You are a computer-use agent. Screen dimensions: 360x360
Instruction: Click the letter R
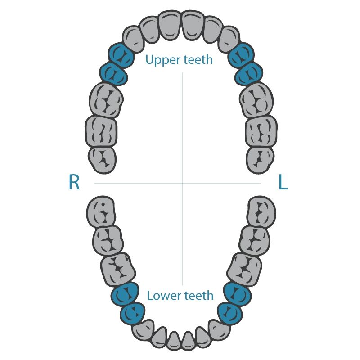coord(74,182)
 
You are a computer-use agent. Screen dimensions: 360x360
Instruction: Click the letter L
coord(283,182)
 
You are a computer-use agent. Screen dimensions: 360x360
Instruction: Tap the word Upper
coord(162,60)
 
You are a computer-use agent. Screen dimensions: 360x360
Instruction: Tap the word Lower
coord(164,296)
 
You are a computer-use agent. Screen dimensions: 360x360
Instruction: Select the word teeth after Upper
coord(198,60)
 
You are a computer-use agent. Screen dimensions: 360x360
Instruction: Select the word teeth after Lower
coord(199,296)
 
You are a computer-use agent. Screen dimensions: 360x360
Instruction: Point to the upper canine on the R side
coord(134,40)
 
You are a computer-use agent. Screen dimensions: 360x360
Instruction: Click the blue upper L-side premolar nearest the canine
coord(241,55)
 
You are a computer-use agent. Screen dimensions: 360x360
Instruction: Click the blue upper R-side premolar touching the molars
coord(114,74)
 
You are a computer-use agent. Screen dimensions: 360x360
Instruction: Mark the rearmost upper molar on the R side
coord(102,160)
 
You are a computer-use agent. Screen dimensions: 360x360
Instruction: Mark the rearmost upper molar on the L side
coord(260,160)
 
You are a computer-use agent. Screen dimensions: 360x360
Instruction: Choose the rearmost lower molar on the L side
coord(261,212)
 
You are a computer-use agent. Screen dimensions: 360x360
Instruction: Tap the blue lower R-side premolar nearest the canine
coord(132,314)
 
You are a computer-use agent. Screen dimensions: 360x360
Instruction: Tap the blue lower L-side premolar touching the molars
coord(238,294)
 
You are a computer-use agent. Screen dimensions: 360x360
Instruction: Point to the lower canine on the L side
coord(219,330)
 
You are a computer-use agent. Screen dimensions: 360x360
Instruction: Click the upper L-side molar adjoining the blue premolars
coord(256,100)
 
